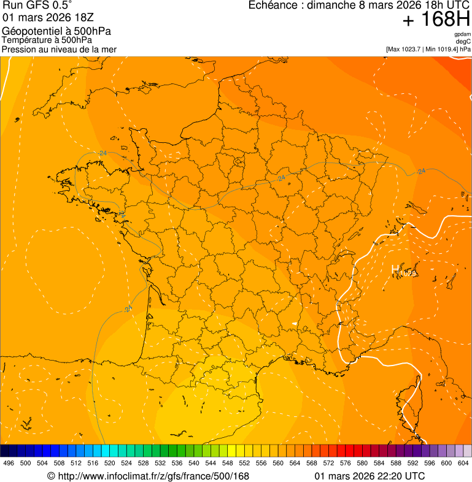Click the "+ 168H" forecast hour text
[436, 20]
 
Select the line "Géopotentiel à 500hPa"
[56, 31]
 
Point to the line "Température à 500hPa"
[47, 40]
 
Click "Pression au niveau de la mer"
[59, 49]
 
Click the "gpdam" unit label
[462, 34]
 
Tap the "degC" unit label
[463, 41]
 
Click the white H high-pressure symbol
[396, 269]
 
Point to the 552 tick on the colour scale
[244, 464]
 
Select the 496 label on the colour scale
[9, 464]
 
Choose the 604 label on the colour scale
[463, 464]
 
